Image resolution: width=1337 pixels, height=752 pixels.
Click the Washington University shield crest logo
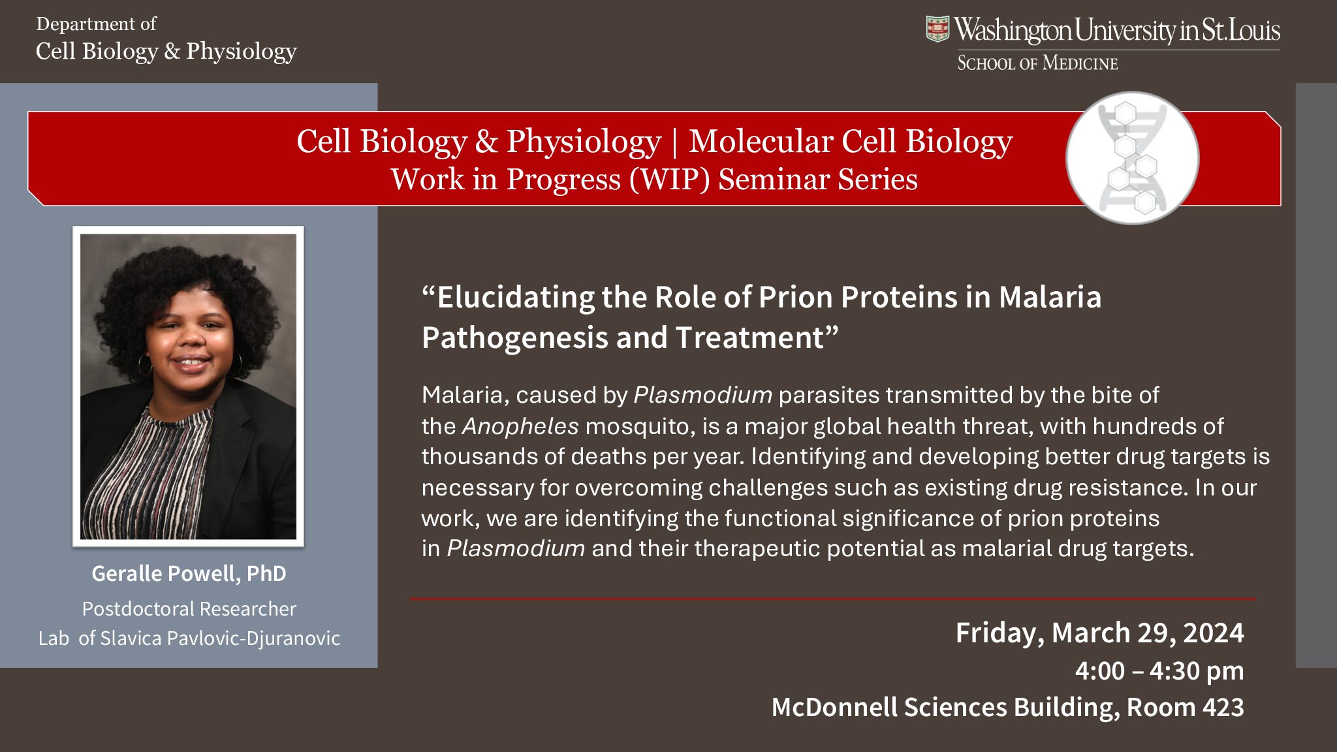tap(937, 29)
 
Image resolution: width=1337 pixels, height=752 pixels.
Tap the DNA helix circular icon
tap(1132, 158)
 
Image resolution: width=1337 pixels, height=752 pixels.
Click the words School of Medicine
tap(1037, 63)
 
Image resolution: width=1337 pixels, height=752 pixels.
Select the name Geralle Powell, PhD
tap(189, 573)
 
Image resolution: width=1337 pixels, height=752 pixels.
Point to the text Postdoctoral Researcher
tap(189, 608)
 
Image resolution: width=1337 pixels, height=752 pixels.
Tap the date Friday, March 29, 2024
tap(1099, 633)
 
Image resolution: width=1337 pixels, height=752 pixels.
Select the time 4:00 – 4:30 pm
tap(1159, 670)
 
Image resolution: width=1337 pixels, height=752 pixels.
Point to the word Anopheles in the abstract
tap(520, 426)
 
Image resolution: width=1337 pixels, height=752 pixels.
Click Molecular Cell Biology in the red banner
tap(850, 141)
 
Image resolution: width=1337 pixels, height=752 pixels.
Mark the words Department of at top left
tap(96, 24)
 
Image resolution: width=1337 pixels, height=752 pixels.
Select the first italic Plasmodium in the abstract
tap(702, 395)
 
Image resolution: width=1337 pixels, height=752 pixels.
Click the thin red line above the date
tap(832, 599)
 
